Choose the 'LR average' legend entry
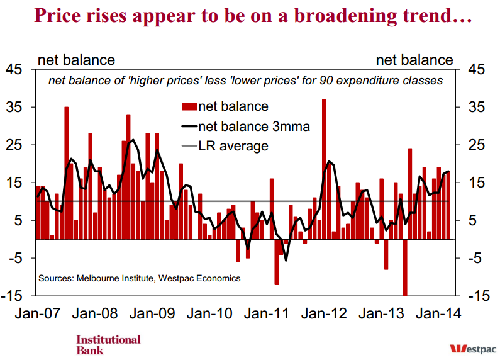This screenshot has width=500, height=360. click(x=233, y=146)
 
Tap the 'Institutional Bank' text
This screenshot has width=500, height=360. click(x=108, y=345)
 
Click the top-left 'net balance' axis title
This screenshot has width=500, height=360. click(x=77, y=60)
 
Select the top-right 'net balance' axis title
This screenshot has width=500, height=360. click(x=414, y=60)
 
